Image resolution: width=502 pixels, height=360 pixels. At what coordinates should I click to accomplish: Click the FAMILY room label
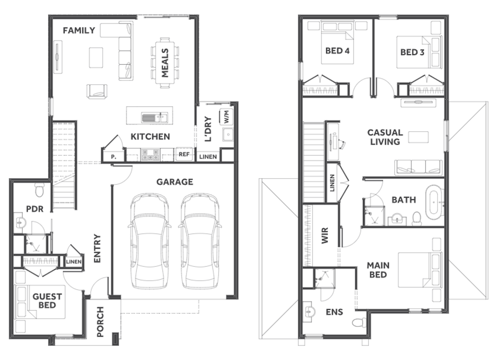click(79, 31)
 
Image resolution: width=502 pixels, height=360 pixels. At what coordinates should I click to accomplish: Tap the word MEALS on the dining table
click(165, 63)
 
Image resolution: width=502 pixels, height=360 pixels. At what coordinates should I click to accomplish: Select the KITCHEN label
click(150, 136)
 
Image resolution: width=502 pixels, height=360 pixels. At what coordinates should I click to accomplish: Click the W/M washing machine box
click(226, 116)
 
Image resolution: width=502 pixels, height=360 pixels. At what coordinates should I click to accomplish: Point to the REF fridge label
click(184, 154)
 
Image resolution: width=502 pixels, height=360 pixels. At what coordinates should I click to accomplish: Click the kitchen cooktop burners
click(150, 155)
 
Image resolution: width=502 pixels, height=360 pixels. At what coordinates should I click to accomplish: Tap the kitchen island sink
click(155, 117)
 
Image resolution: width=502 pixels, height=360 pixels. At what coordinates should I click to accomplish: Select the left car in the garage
click(149, 241)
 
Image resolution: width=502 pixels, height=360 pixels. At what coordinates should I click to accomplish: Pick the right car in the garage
click(200, 241)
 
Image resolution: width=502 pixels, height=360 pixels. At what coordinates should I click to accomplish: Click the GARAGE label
click(174, 182)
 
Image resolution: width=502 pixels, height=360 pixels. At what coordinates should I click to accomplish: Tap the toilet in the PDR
click(40, 190)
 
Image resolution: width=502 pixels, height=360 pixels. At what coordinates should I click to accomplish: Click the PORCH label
click(100, 322)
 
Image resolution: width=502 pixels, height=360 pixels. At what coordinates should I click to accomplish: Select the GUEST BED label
click(47, 301)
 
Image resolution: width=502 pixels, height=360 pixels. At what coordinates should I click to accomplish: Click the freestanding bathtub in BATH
click(434, 202)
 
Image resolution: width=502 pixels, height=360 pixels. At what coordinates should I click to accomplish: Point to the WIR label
click(325, 235)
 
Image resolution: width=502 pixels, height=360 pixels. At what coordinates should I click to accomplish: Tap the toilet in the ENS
click(359, 323)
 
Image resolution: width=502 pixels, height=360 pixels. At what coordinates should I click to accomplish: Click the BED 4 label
click(337, 51)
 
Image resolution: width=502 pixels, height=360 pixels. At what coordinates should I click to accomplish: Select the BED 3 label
click(412, 52)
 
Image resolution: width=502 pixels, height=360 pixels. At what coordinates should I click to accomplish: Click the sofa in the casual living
click(418, 167)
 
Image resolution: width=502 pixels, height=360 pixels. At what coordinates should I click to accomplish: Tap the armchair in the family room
click(97, 91)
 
